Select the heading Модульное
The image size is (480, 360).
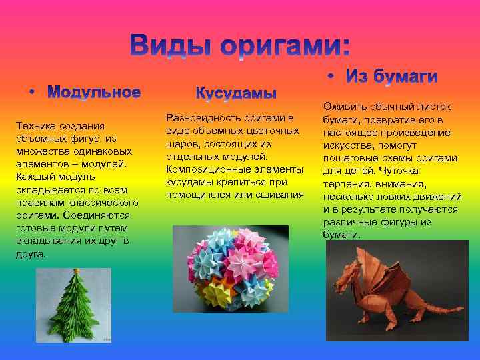point(97,92)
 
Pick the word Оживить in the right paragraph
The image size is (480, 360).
point(343,107)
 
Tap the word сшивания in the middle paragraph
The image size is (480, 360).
point(280,195)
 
